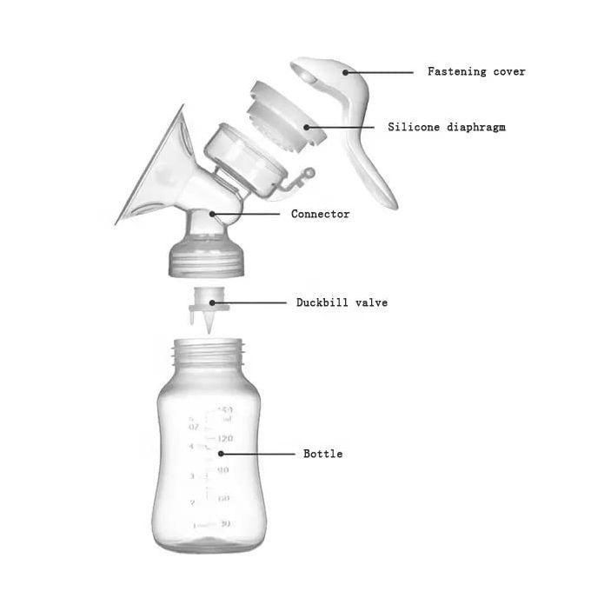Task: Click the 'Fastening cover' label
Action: (476, 71)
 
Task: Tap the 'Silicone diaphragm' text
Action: (446, 127)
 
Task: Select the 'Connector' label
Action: (320, 214)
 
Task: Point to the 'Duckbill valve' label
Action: (342, 302)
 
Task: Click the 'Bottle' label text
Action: (322, 454)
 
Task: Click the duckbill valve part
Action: (207, 311)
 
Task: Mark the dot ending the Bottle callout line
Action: (221, 453)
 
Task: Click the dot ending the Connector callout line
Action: (209, 213)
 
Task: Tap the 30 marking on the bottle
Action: (225, 523)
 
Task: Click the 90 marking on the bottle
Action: (223, 469)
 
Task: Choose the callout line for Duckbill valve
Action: (257, 302)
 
